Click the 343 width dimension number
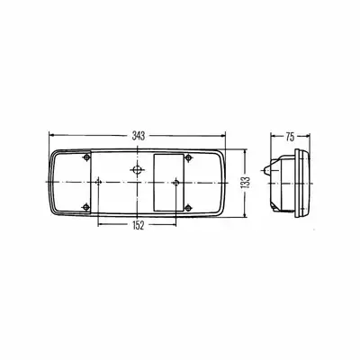click(139, 136)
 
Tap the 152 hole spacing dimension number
click(138, 225)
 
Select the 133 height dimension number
click(246, 183)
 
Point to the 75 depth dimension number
click(290, 137)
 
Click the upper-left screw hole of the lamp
click(86, 157)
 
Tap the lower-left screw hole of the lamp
click(86, 207)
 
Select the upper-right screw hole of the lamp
click(188, 157)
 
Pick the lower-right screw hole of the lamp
click(188, 207)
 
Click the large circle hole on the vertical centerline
click(137, 170)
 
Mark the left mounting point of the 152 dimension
click(98, 182)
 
